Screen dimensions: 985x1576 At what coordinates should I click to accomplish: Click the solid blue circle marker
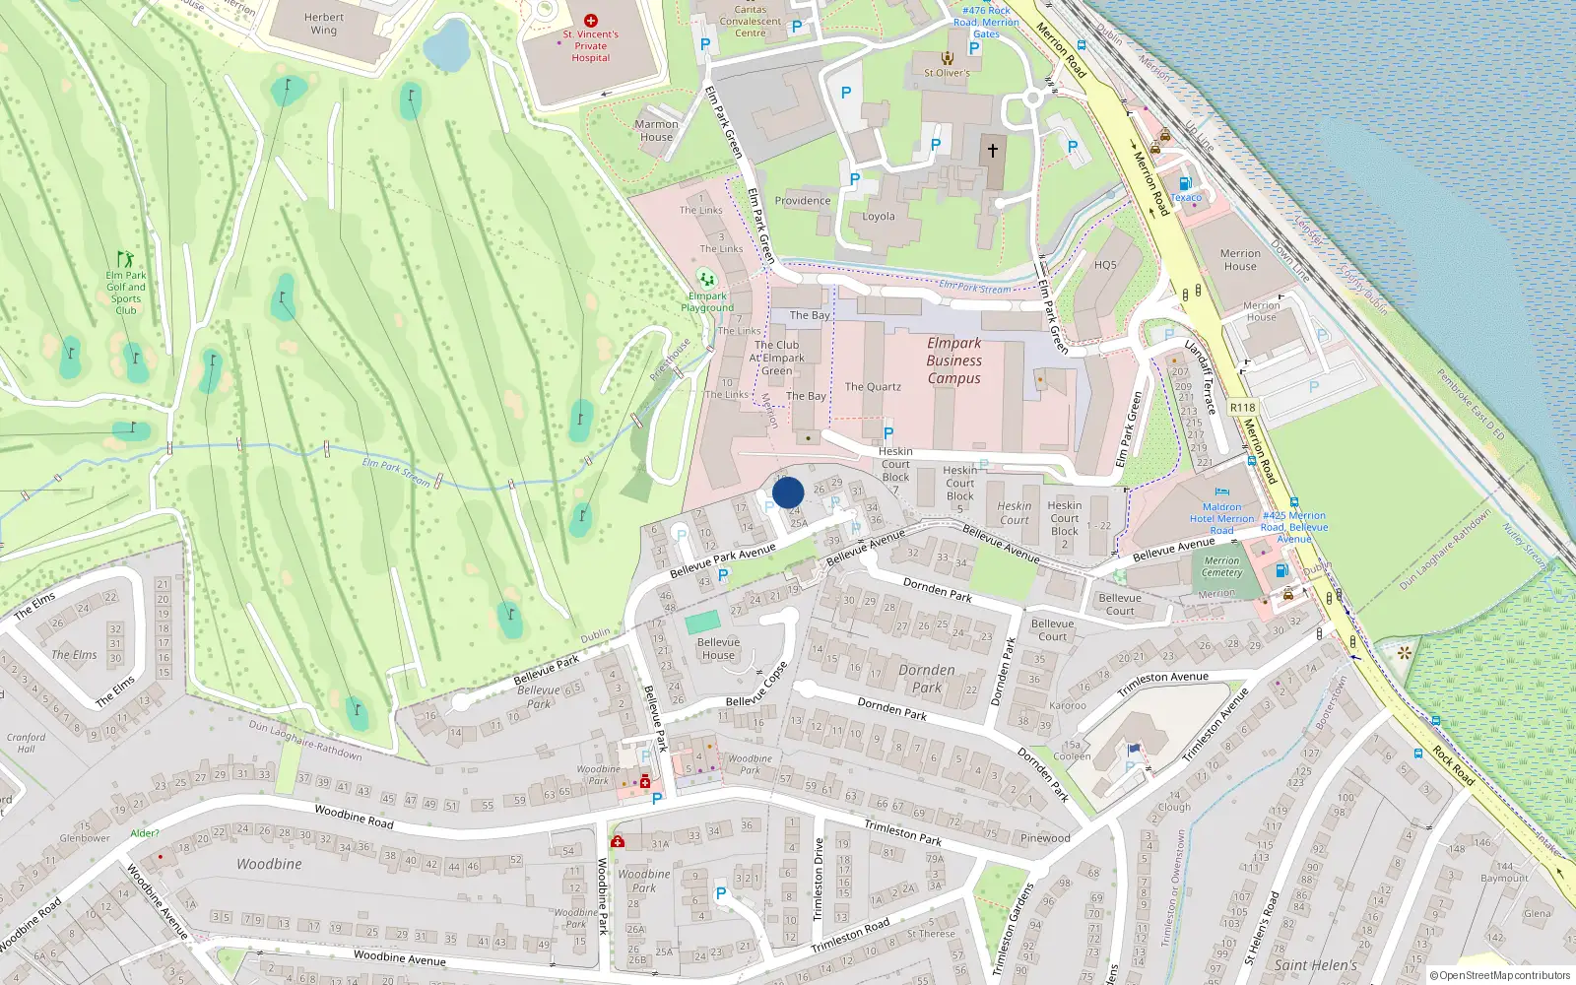(788, 492)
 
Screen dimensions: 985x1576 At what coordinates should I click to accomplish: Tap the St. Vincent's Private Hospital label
(591, 45)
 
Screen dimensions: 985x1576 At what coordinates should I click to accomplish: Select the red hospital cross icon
(591, 20)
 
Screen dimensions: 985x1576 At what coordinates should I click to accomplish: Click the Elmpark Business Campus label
(953, 361)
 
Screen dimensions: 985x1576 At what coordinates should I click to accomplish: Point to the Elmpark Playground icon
(705, 278)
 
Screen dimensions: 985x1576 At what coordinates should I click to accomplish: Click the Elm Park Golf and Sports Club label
(126, 293)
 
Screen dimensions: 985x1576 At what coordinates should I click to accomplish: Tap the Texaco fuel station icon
(1186, 183)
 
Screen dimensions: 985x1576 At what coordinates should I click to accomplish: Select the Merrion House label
(1239, 260)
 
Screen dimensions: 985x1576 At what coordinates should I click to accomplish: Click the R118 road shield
(1242, 407)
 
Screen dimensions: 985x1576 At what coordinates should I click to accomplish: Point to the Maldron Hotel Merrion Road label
(1221, 518)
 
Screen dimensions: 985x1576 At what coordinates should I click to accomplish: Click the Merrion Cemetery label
(1221, 566)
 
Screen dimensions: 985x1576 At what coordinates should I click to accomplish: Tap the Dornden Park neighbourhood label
(926, 678)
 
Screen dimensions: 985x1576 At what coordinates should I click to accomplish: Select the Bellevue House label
(718, 648)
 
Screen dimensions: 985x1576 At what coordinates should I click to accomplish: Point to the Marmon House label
(656, 130)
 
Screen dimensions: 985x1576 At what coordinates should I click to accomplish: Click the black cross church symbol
(993, 150)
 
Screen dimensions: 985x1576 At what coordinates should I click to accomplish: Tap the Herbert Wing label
(324, 24)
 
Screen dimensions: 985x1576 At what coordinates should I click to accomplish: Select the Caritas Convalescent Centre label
(750, 22)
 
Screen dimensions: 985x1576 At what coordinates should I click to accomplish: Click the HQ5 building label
(1105, 265)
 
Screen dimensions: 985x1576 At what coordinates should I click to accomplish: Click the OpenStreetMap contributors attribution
(1500, 975)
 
